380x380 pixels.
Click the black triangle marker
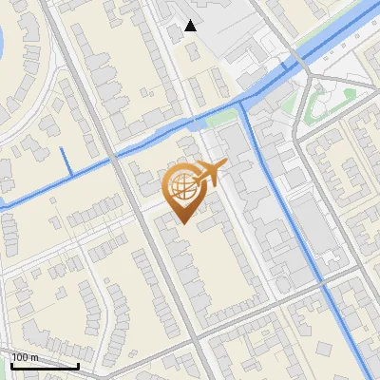pos(191,26)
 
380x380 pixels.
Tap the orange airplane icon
pos(210,173)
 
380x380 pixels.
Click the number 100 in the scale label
pos(19,357)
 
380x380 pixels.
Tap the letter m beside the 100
pos(33,357)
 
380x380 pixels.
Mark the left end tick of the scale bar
pos(12,365)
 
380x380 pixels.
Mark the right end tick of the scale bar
pos(78,365)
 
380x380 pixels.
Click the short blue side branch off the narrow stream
pos(66,161)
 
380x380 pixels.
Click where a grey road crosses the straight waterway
pos(323,282)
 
